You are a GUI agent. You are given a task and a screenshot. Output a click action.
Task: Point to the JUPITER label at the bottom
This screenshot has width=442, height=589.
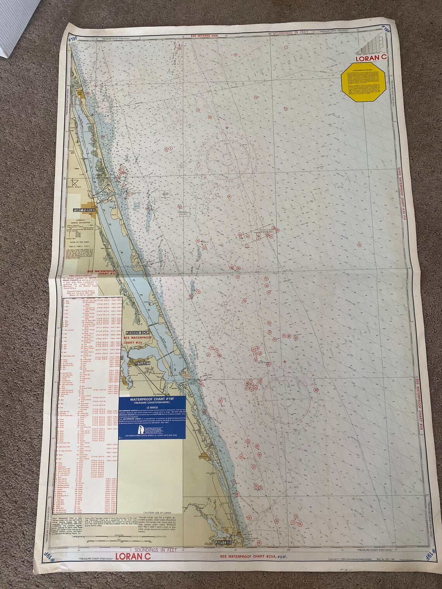222,542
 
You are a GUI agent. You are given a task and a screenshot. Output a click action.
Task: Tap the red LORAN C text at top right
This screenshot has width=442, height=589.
371,59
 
